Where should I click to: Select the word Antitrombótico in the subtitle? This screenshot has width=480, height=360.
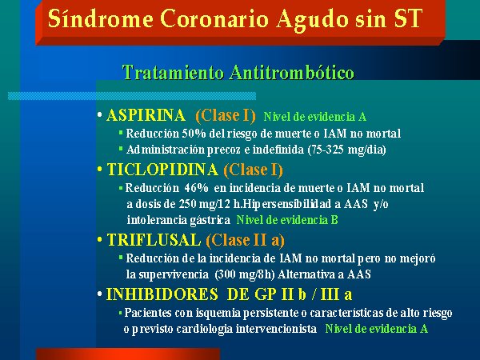292,72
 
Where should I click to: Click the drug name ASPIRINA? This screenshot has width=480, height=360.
146,115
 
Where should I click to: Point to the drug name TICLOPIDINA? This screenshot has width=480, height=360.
162,170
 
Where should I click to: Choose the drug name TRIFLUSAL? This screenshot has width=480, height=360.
154,240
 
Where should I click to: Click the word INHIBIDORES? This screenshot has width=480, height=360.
162,294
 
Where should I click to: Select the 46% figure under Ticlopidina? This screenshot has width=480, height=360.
196,188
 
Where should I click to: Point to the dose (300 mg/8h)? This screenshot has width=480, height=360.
245,274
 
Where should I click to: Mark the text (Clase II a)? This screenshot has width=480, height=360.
246,240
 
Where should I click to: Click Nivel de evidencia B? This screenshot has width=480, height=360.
287,220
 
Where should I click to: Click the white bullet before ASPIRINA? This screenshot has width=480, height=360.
99,115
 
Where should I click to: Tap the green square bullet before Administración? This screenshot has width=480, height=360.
121,149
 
